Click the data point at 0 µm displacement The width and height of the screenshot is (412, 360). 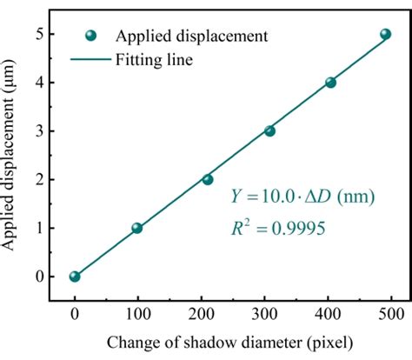pos(75,277)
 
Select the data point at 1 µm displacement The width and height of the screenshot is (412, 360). pos(136,228)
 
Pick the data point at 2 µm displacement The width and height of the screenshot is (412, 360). pos(208,179)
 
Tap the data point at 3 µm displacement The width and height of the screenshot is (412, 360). pos(269,131)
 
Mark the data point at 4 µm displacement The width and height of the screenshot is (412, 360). pos(330,83)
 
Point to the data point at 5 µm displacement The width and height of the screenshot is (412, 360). pos(386,34)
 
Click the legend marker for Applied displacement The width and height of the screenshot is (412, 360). pos(92,36)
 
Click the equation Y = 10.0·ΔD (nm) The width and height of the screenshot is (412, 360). pos(302,197)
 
